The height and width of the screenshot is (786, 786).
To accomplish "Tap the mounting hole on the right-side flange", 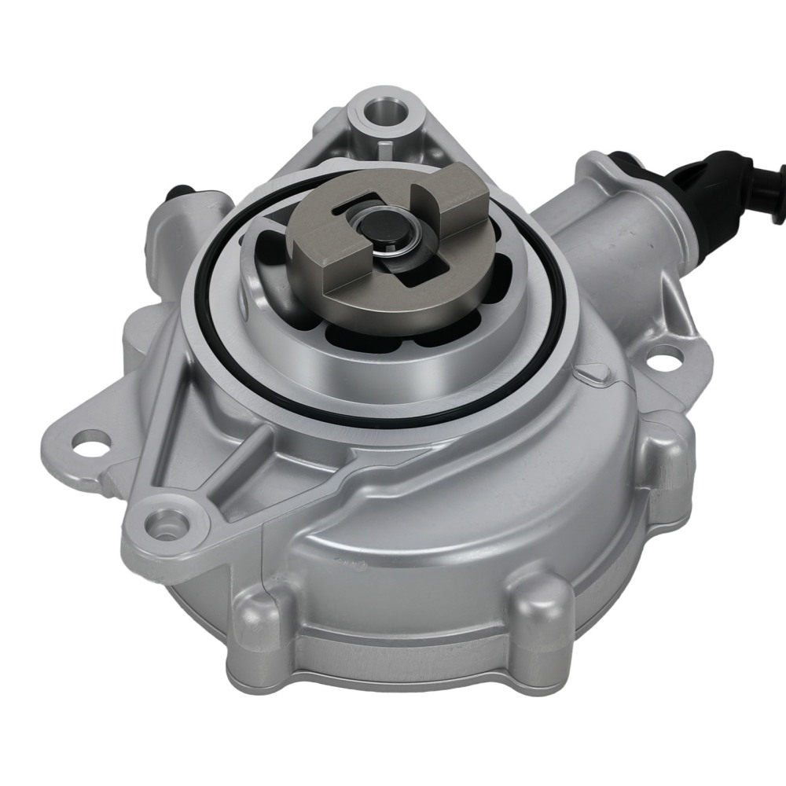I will pos(663,358).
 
